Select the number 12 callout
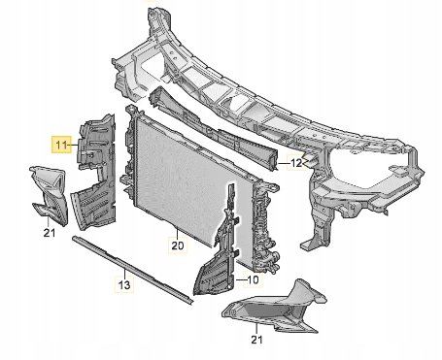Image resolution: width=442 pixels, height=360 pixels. coord(295,164)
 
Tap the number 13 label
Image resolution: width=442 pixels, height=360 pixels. coord(124,284)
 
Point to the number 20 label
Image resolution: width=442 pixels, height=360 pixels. coord(177,245)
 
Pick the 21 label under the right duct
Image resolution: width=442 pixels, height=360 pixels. coord(256,339)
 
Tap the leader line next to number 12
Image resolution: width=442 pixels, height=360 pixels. coord(281,164)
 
